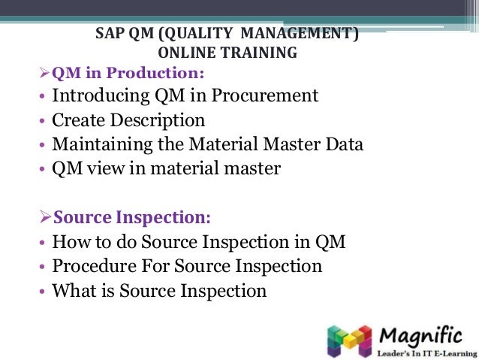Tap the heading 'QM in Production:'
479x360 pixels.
[x=128, y=73]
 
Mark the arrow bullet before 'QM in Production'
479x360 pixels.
[x=44, y=73]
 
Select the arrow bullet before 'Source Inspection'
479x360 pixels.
[x=44, y=217]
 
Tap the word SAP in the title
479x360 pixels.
[x=110, y=35]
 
